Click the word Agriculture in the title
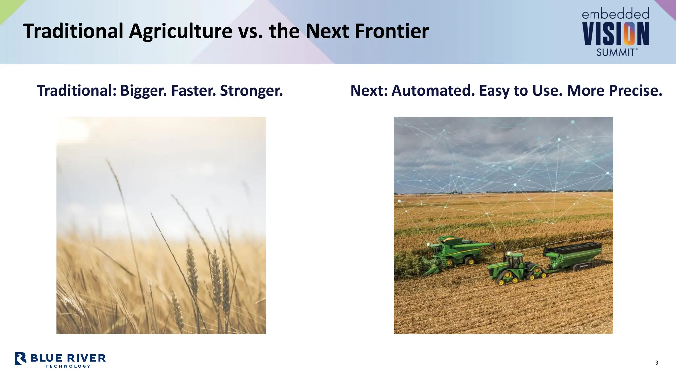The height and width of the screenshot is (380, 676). tap(181, 31)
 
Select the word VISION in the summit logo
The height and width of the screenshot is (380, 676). tap(616, 34)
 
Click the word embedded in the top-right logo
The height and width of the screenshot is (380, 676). tap(615, 14)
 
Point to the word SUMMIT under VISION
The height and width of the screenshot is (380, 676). tap(616, 52)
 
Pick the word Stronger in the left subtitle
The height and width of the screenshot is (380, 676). tap(251, 91)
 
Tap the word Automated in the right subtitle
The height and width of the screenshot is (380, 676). tap(433, 91)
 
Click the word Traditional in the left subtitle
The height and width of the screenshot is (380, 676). tap(76, 91)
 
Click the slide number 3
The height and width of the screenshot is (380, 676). tap(657, 363)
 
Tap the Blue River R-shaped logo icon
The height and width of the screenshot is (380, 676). tap(20, 359)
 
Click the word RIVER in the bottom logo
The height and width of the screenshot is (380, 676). tap(86, 358)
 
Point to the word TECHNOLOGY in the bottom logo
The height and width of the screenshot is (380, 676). tap(68, 366)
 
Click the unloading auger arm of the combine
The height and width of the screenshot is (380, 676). tap(475, 244)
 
